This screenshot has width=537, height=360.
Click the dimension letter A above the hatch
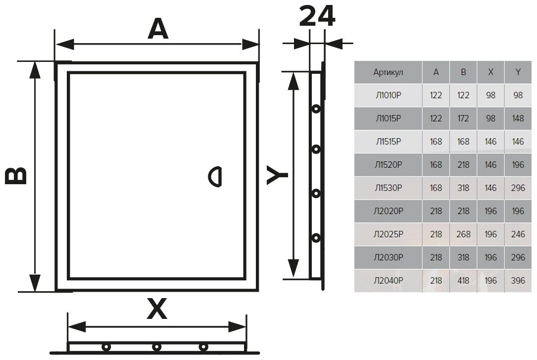click(158, 30)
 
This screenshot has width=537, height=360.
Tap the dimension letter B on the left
click(16, 176)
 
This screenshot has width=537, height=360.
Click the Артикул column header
click(388, 72)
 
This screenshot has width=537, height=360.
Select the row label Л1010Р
click(388, 95)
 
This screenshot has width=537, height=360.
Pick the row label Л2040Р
click(388, 281)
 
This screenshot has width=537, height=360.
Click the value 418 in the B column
click(463, 281)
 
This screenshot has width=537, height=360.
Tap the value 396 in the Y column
click(518, 281)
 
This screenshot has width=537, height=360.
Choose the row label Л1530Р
click(388, 188)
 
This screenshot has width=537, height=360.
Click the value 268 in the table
click(463, 234)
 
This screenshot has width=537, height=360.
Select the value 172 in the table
click(463, 118)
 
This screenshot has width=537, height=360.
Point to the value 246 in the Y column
click(518, 234)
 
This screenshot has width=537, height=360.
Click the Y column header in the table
click(518, 72)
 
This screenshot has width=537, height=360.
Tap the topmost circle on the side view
click(315, 108)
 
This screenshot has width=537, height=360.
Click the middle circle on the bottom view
click(156, 347)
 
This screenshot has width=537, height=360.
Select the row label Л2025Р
click(388, 234)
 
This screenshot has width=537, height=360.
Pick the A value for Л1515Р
click(436, 142)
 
